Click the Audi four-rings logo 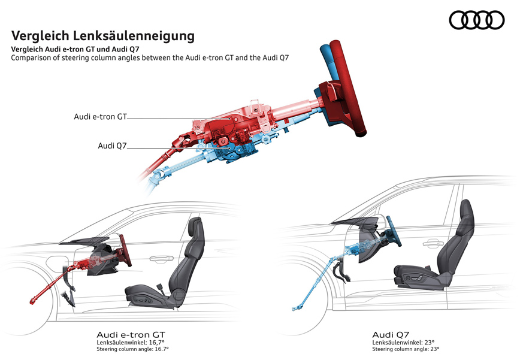[x=476, y=20]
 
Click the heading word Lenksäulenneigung [x=133, y=36]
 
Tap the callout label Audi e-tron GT [x=101, y=117]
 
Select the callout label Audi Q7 [x=113, y=146]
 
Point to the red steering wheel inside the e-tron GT [x=125, y=250]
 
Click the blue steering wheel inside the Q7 [x=394, y=231]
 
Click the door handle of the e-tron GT [x=162, y=258]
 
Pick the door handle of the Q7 [x=434, y=244]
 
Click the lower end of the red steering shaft [x=32, y=302]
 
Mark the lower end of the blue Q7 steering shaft [x=294, y=309]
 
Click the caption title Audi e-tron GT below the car [x=131, y=335]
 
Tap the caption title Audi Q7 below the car [x=391, y=335]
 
